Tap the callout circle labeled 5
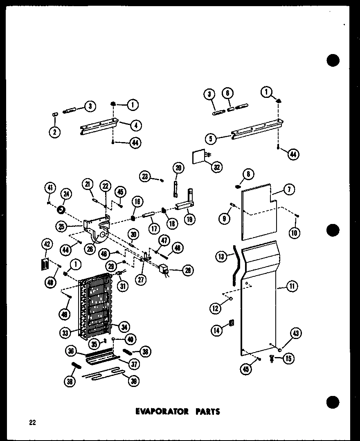click(x=211, y=139)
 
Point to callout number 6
click(x=228, y=93)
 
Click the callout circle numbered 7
click(x=288, y=190)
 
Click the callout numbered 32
click(x=216, y=167)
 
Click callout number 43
click(x=295, y=334)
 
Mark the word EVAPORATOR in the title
click(x=160, y=411)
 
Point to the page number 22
click(x=32, y=423)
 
